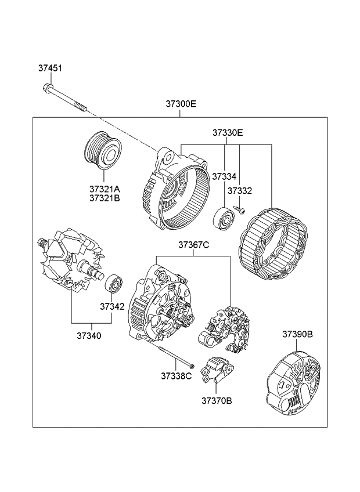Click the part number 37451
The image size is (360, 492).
point(50,68)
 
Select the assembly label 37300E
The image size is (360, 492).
point(181,104)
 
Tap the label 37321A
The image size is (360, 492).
point(105,189)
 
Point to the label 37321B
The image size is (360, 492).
point(105,198)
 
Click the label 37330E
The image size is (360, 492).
point(227,133)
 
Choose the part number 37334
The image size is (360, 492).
point(224,176)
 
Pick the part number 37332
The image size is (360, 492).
point(240,190)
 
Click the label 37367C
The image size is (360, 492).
point(193,245)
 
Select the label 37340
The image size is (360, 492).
point(88,335)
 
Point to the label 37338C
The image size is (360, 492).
point(176,375)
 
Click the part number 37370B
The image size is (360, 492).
point(217,400)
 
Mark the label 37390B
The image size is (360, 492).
point(298,334)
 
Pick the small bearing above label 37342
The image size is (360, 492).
point(113,285)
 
